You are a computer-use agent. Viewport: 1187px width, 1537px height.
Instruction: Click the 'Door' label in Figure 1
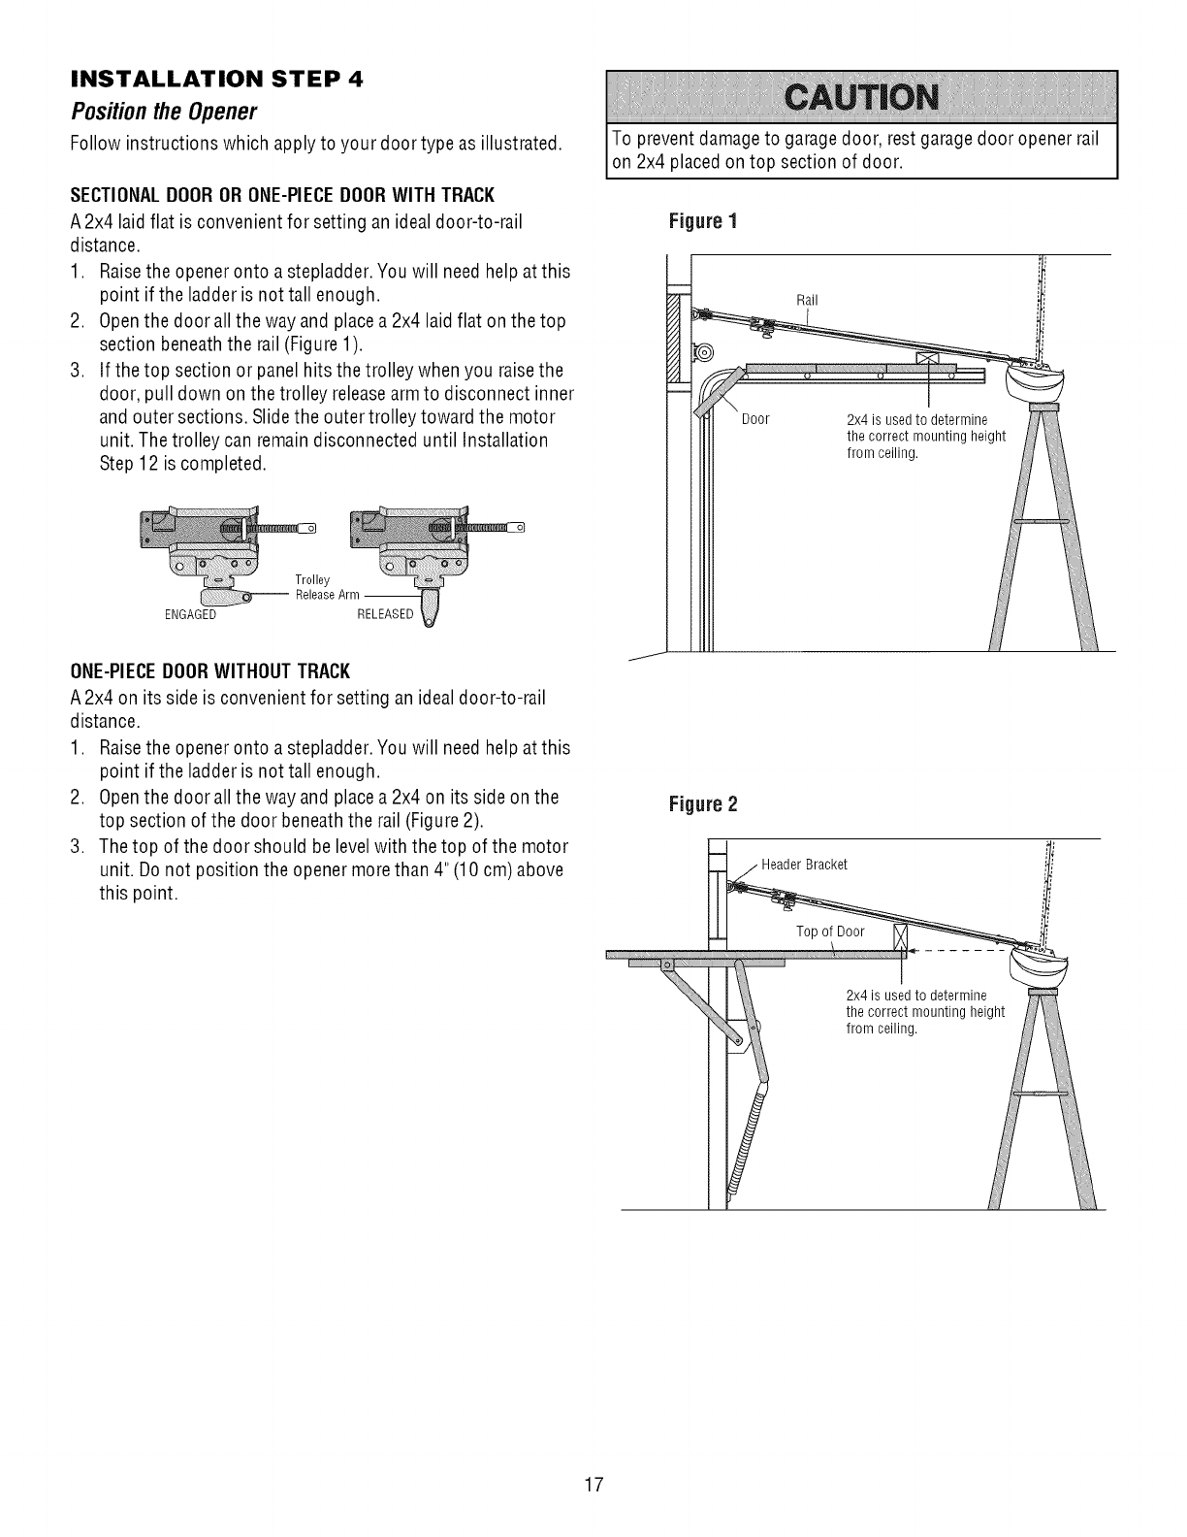click(755, 419)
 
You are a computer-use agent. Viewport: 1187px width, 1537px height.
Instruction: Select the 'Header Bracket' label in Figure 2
click(804, 865)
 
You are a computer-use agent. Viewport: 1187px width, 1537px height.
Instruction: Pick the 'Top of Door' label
click(829, 932)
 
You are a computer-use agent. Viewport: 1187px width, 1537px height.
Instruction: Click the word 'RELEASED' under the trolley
click(385, 614)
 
